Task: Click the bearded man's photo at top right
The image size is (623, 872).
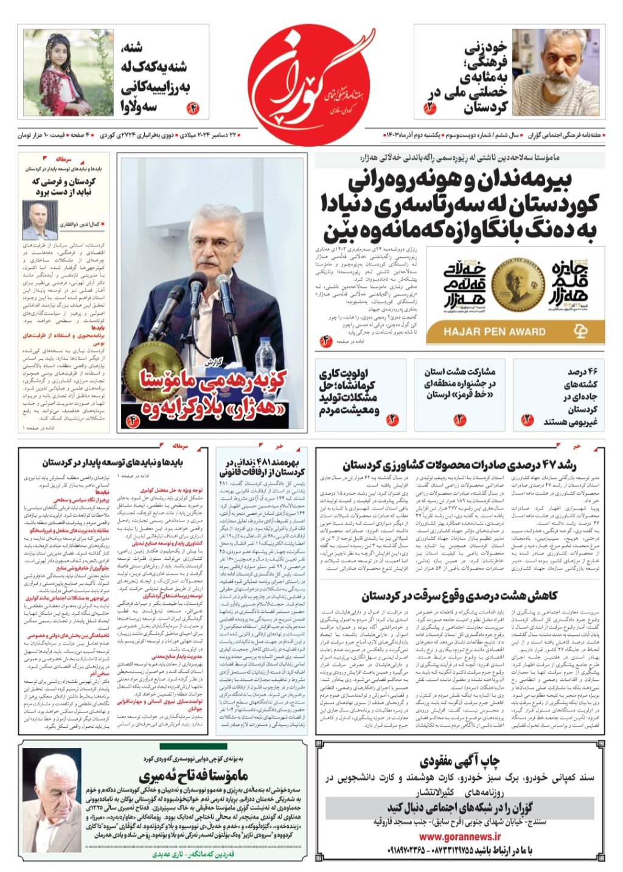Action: (x=556, y=72)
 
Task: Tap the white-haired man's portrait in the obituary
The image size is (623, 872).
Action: (x=52, y=799)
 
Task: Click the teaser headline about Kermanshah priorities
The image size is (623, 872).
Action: (x=347, y=392)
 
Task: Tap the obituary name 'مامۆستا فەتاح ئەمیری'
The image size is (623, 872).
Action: (x=193, y=775)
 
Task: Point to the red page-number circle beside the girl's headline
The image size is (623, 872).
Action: (x=193, y=110)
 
